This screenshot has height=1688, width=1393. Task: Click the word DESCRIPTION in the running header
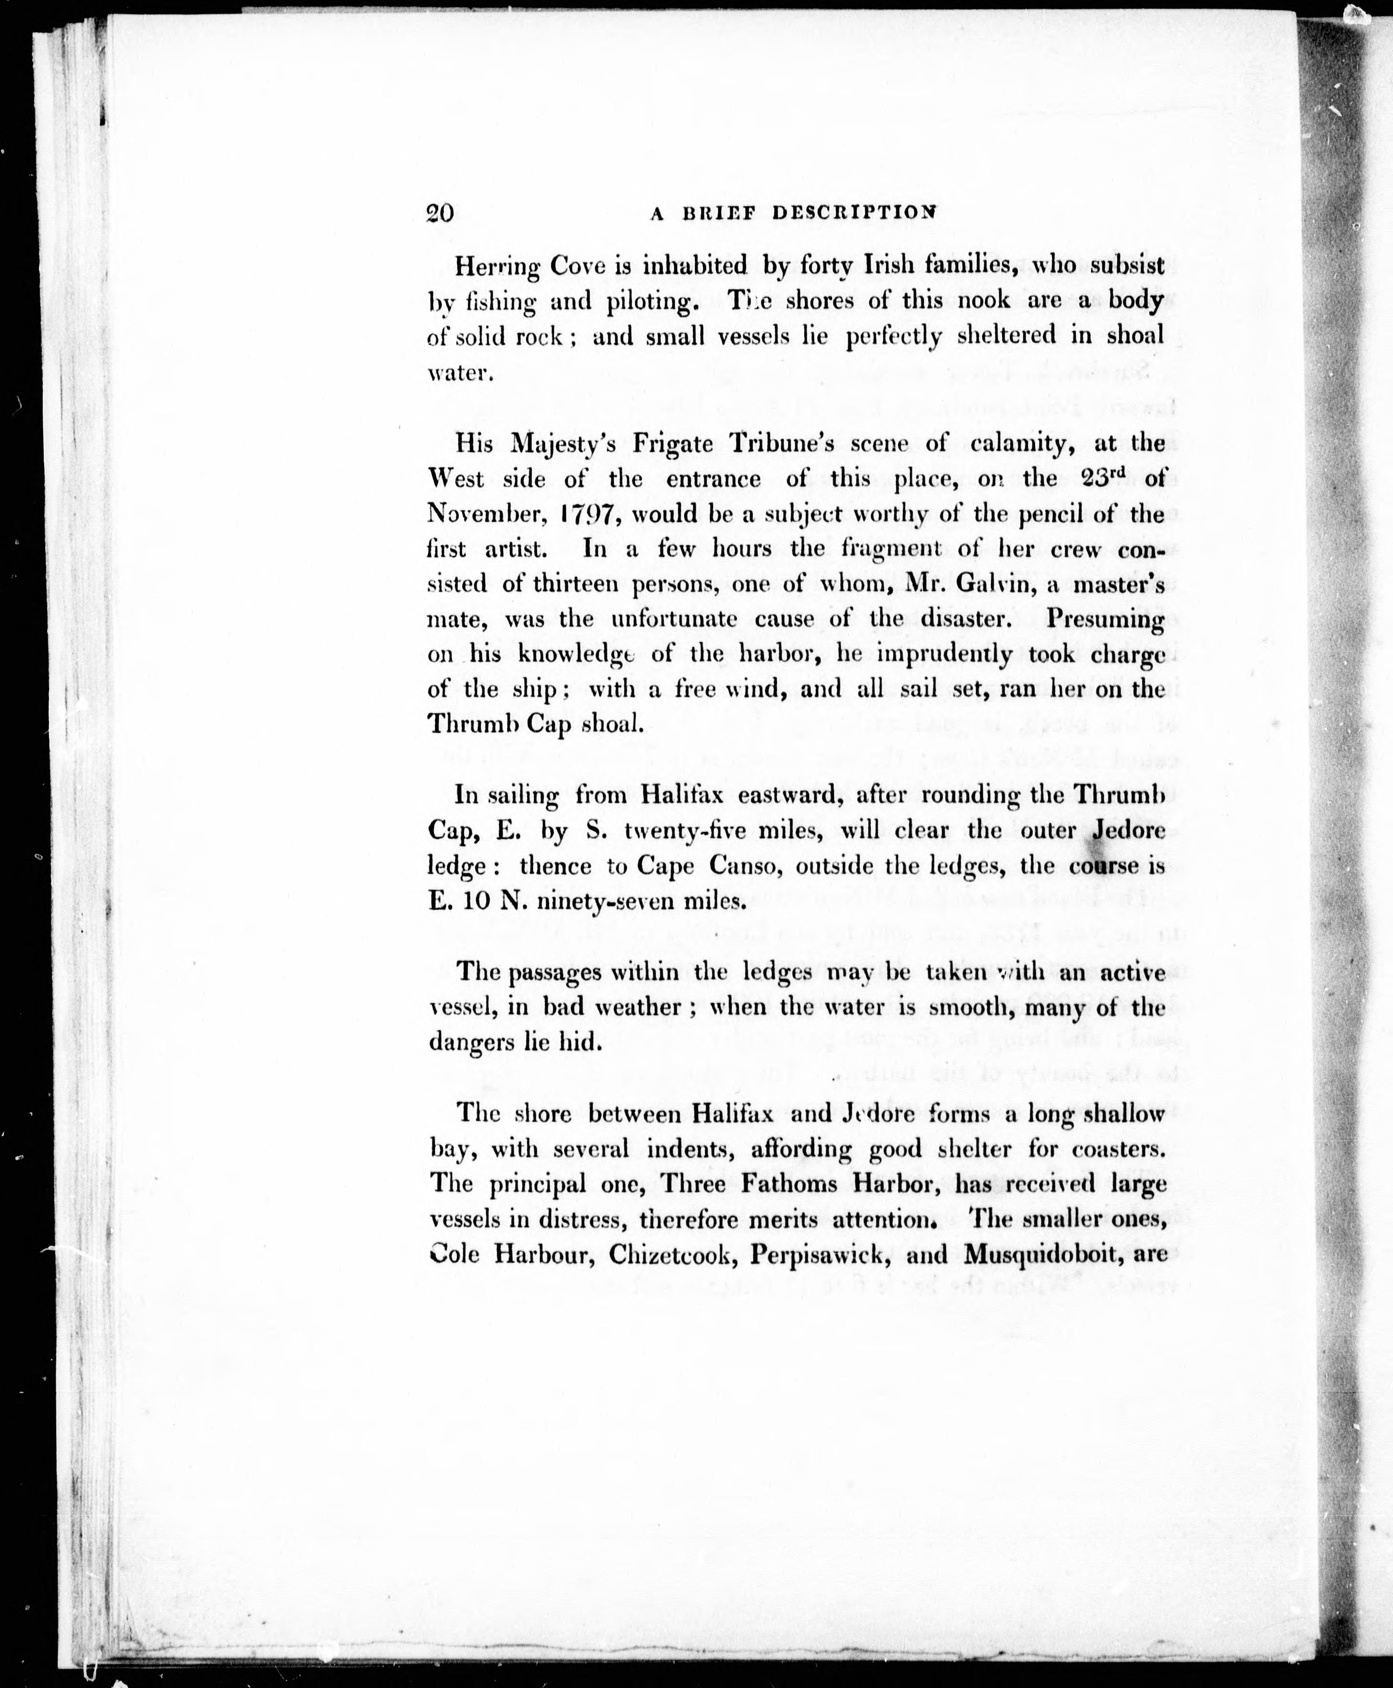click(x=854, y=213)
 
